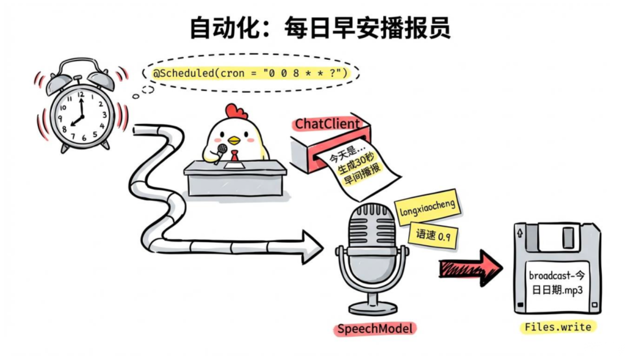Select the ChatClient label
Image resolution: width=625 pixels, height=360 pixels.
coord(328,124)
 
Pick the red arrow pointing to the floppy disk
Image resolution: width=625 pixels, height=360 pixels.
coord(470,267)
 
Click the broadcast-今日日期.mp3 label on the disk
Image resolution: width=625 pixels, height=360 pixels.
coord(555,281)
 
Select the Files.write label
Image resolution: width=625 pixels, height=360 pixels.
coord(557,327)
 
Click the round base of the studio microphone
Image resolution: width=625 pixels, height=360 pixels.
coord(372,304)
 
